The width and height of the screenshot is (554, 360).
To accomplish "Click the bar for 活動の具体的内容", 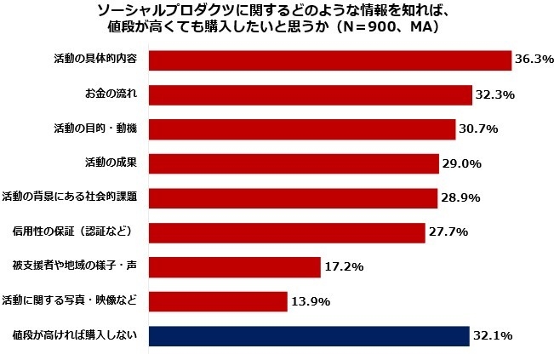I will pos(329,60).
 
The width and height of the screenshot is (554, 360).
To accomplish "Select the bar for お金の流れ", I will pos(310,94).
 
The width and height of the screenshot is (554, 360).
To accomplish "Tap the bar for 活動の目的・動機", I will pos(302,129).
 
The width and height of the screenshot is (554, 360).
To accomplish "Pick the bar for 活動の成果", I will pos(294,163).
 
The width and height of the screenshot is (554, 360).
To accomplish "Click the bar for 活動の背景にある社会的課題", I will pos(293,197).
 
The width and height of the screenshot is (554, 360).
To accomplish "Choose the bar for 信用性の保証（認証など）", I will pos(287,232).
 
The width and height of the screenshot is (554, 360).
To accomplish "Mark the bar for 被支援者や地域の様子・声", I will pos(234,267).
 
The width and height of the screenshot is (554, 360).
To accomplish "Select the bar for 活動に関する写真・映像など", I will pos(218,301).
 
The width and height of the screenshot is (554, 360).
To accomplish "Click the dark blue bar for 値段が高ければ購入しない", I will pos(309,335).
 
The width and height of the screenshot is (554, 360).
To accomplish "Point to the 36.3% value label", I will pos(534,60).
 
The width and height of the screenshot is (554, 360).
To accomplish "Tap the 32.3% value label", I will pos(495,94).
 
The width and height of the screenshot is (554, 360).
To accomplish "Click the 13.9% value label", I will pos(310,301).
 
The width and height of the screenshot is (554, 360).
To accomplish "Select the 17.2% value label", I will pos(343,267).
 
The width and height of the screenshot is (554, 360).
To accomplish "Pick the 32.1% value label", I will pos(493,335).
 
